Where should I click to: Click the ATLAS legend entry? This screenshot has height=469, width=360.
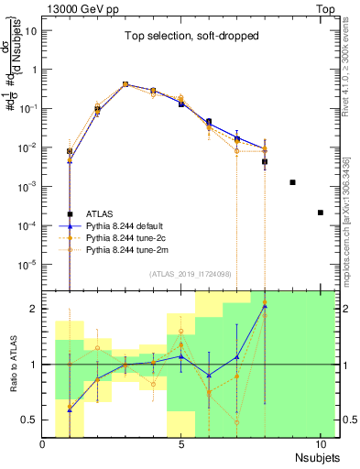101,213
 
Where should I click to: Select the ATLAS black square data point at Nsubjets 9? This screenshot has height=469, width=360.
292,182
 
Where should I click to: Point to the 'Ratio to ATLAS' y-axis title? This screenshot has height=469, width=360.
11,365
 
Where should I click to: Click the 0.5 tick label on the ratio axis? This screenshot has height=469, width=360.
30,420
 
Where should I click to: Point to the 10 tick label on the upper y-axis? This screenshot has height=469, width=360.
31,30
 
